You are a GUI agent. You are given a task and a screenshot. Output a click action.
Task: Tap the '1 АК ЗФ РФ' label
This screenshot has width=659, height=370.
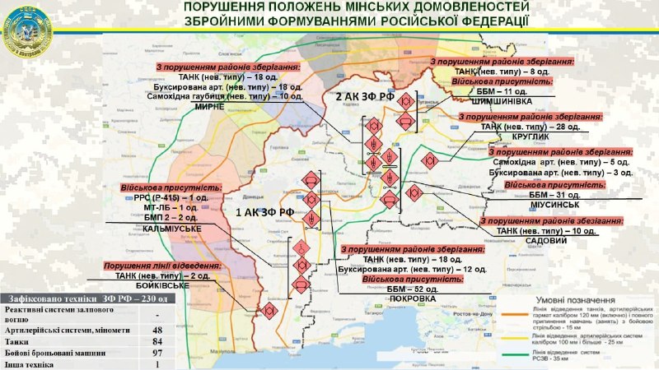click(264, 212)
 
